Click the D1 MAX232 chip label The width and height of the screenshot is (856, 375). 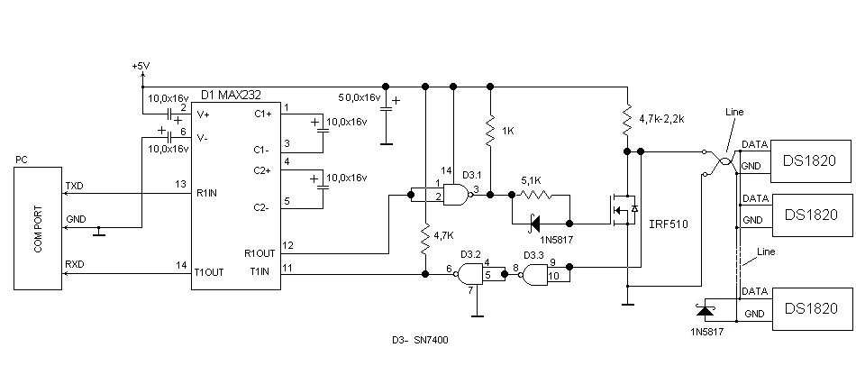(231, 95)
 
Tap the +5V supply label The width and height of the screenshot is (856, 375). (141, 66)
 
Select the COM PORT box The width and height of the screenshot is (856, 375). (38, 229)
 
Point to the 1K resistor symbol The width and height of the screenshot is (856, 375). (490, 130)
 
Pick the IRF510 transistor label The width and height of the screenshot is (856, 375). (669, 224)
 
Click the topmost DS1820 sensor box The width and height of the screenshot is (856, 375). (811, 161)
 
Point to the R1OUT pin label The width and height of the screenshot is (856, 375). (260, 254)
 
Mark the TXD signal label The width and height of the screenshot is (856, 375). (74, 186)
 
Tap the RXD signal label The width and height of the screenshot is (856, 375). (74, 265)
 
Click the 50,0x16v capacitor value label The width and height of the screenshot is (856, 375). (360, 97)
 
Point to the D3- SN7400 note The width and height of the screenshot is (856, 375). (420, 340)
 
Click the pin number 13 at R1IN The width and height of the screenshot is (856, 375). (181, 185)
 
